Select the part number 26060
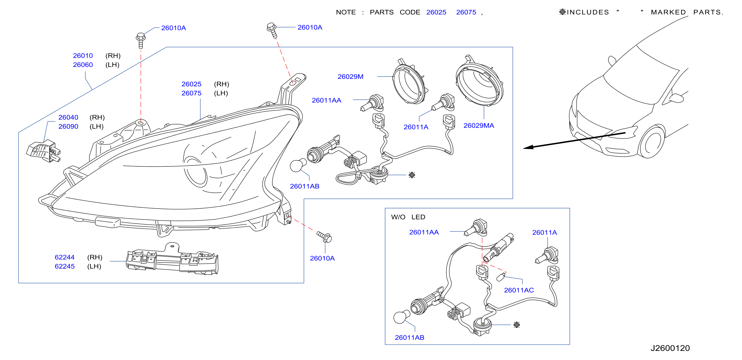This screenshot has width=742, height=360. pyautogui.click(x=83, y=65)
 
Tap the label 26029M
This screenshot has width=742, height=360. pyautogui.click(x=350, y=77)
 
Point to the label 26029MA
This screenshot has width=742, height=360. pyautogui.click(x=479, y=126)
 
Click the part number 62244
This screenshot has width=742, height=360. pyautogui.click(x=64, y=257)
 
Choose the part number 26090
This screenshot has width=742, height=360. pyautogui.click(x=68, y=127)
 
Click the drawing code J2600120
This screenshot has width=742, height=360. pyautogui.click(x=670, y=348)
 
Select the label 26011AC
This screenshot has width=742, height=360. pyautogui.click(x=519, y=290)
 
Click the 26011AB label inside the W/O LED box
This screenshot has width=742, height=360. pyautogui.click(x=409, y=337)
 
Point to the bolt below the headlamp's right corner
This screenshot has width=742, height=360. pyautogui.click(x=324, y=237)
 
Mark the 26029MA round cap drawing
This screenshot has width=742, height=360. pyautogui.click(x=479, y=81)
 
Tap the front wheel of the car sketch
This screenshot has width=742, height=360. pyautogui.click(x=652, y=141)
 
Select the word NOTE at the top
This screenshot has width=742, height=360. pyautogui.click(x=346, y=12)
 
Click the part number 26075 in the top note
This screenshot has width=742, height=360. pyautogui.click(x=466, y=12)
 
